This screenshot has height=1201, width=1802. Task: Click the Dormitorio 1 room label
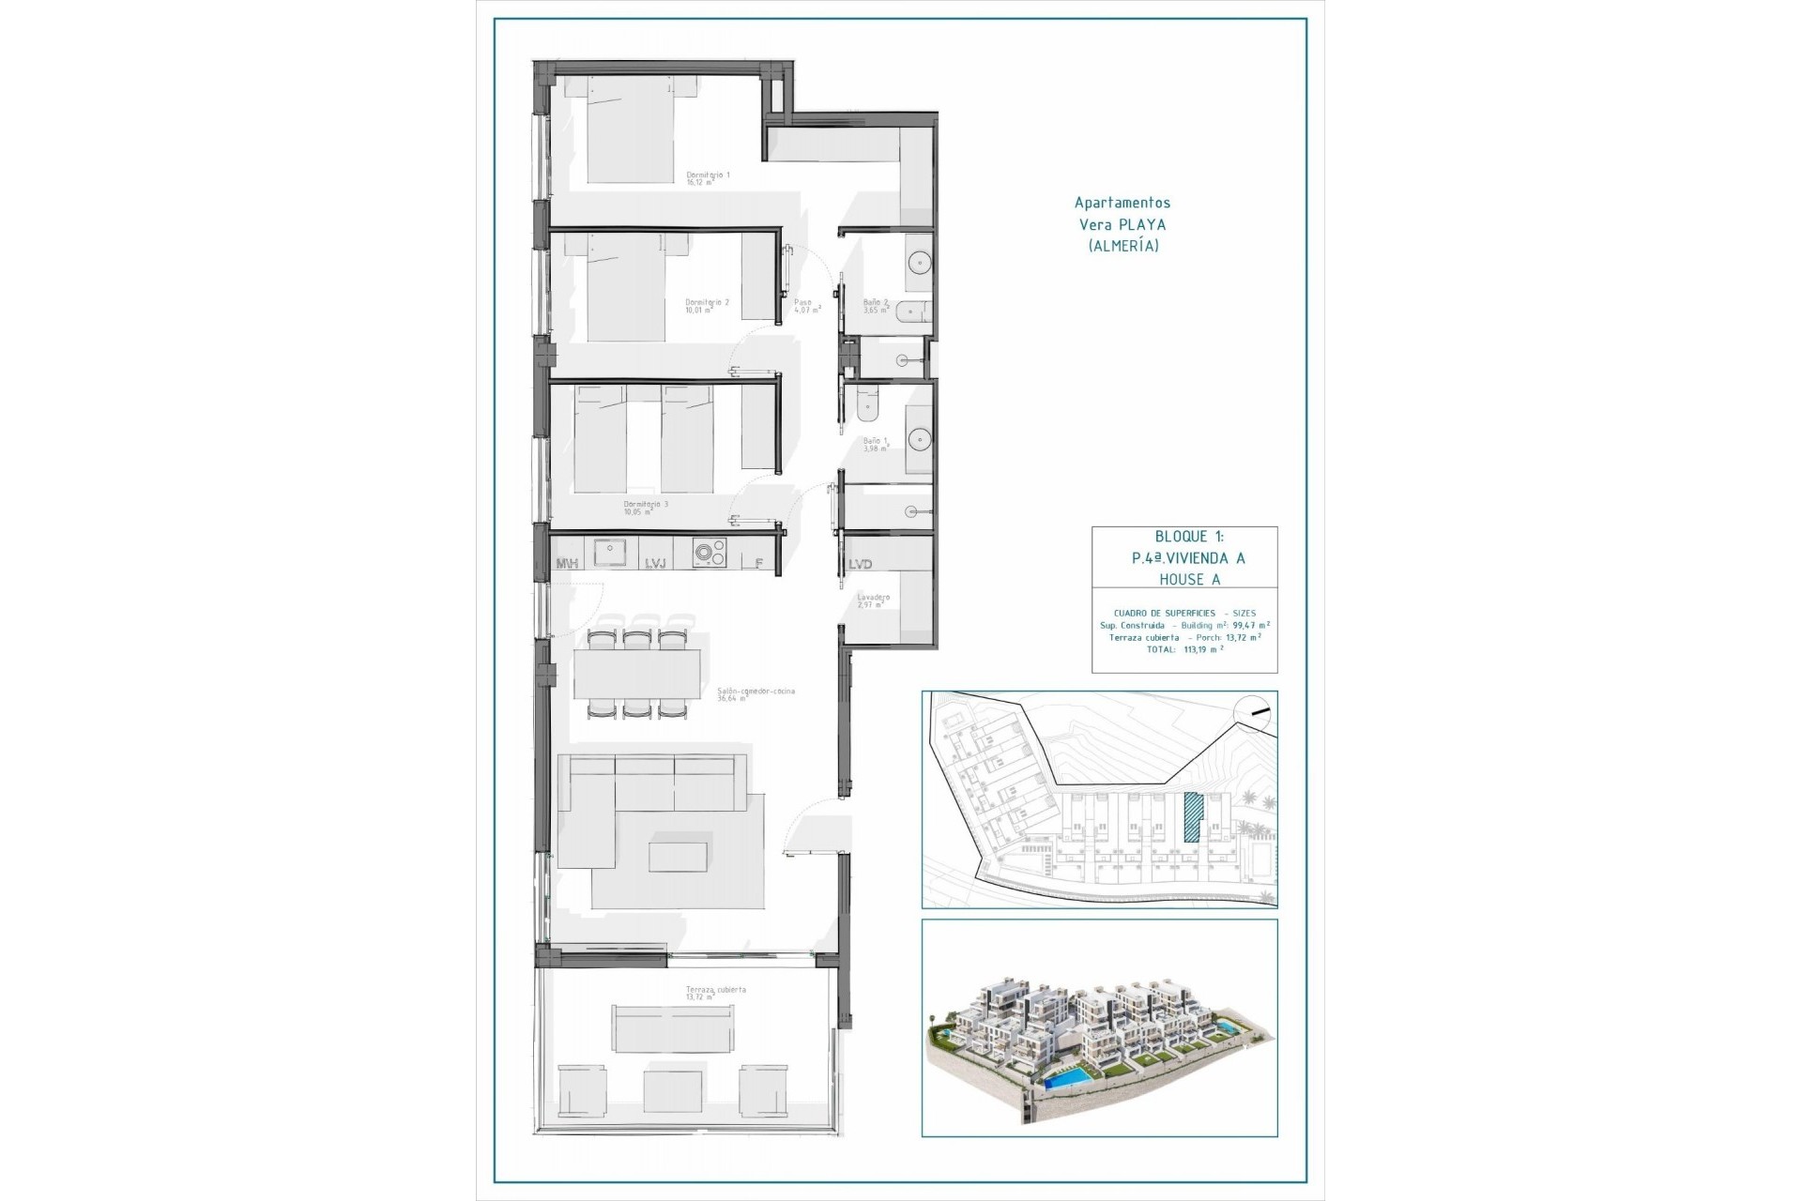pos(708,175)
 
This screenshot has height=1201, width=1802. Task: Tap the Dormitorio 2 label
pos(707,303)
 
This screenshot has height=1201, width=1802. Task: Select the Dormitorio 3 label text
pos(646,505)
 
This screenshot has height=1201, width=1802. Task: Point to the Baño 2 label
pos(876,303)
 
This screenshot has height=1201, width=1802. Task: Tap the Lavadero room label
pos(873,598)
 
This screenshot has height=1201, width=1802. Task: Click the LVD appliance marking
pos(861,564)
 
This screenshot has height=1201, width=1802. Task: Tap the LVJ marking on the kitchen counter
pos(655,563)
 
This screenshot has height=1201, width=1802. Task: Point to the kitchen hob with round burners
pos(710,554)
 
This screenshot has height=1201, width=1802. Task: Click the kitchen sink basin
pos(611,553)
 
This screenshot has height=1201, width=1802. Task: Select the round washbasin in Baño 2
pos(917,262)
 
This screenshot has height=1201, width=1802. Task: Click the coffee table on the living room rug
pos(678,857)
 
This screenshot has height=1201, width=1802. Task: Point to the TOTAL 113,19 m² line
pos(1184,648)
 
